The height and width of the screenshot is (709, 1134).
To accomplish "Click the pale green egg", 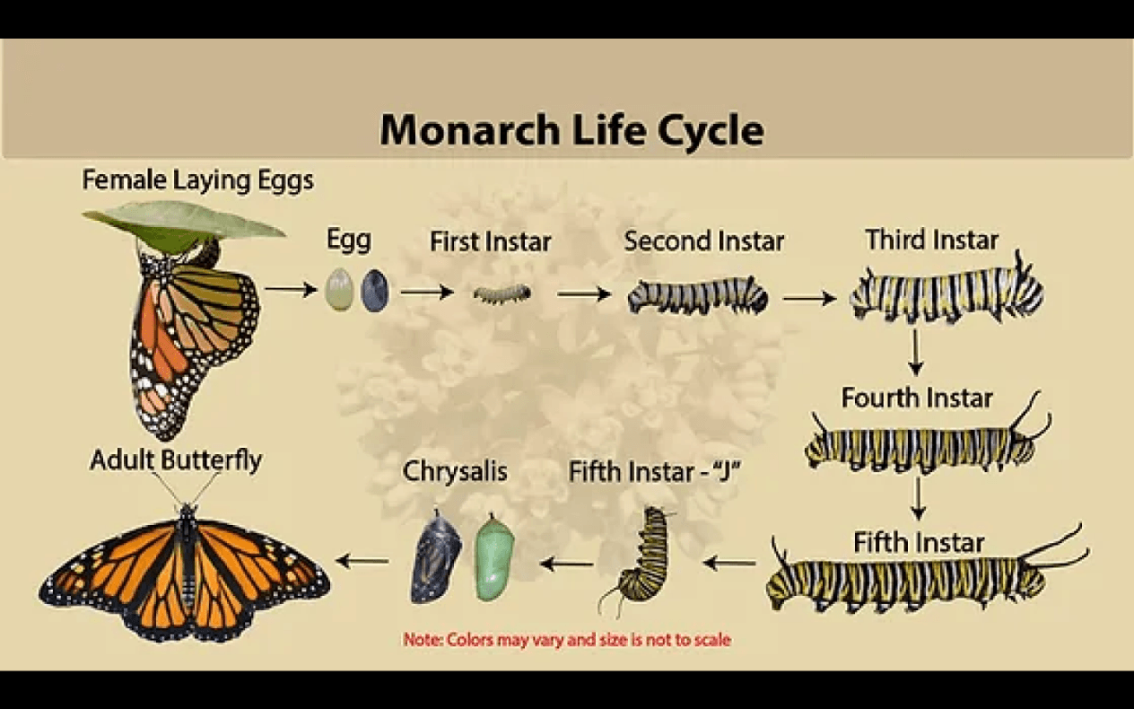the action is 339,290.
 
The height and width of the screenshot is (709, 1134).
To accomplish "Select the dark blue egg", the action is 375,290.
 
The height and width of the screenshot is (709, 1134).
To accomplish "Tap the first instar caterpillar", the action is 502,293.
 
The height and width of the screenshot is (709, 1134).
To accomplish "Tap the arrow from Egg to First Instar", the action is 427,293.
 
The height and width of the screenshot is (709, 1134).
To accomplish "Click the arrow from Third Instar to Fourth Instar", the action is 915,353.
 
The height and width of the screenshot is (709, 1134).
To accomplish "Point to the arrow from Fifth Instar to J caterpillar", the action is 729,562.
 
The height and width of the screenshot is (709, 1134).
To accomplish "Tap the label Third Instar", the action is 931,240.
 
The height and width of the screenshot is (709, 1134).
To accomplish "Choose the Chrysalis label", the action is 455,471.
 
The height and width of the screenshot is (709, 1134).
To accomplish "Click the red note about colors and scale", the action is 567,640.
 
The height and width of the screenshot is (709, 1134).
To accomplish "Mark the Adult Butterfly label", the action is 176,460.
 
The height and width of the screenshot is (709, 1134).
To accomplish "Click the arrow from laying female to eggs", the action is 291,290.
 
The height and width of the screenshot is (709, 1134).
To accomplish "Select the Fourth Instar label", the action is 917,398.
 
